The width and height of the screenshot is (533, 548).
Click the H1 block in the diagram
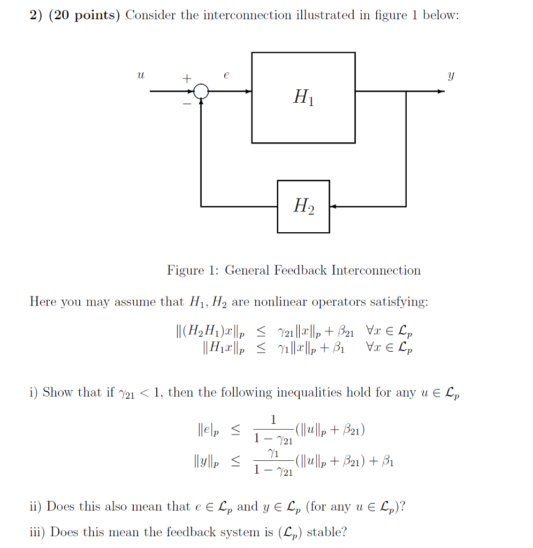303,97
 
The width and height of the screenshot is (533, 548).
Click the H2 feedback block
303,206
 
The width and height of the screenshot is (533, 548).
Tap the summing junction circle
201,92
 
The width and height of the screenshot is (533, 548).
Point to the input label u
140,77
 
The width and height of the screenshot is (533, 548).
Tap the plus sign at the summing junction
186,79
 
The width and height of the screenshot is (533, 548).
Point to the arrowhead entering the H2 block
333,206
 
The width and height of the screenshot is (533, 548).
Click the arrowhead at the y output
441,92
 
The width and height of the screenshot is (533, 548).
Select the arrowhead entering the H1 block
248,92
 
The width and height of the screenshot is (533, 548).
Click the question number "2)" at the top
36,15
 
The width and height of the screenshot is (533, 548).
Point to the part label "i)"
34,392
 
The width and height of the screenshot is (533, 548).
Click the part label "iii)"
37,532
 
